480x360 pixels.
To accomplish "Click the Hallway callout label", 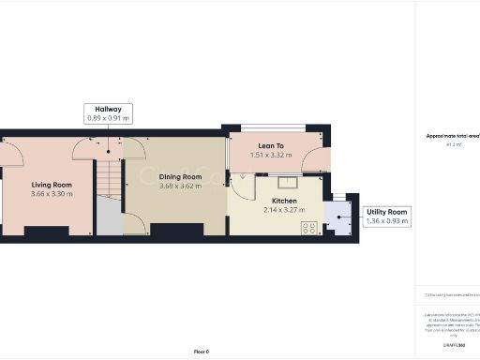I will [109, 109].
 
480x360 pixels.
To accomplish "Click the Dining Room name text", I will [180, 177].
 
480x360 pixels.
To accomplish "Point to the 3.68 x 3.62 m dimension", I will [180, 186].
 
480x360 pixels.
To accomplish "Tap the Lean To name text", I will [272, 146].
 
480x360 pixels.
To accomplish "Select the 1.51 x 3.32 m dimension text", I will [272, 155].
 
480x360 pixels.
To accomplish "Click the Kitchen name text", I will [284, 201].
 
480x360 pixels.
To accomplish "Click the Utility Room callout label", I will [385, 213].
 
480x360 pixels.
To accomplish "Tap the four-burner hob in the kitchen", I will [310, 226].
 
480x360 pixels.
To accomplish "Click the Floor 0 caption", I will [202, 352].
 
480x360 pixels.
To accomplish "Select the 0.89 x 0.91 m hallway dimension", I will [109, 118].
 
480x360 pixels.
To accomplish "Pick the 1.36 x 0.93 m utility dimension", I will [385, 222].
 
